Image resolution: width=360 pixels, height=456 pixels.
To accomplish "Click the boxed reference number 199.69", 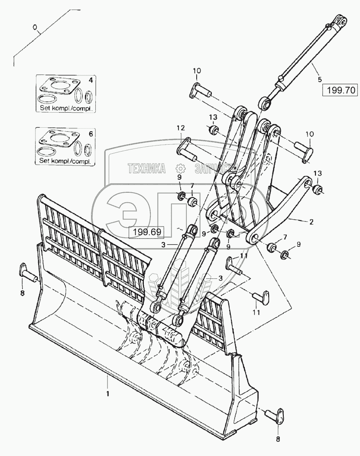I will coord(147,232).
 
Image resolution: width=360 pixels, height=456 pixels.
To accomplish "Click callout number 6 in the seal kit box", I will coord(90,134).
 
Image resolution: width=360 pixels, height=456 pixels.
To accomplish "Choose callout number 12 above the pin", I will coord(180,128).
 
